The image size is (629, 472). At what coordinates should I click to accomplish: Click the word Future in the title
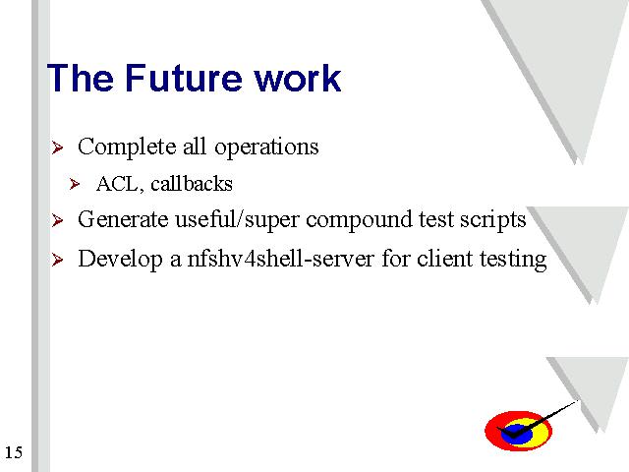click(184, 78)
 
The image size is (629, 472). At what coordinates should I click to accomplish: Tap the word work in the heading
click(298, 78)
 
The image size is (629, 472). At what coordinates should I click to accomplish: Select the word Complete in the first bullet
click(127, 147)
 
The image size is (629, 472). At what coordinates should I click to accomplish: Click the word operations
click(266, 147)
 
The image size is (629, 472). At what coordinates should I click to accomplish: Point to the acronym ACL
click(119, 185)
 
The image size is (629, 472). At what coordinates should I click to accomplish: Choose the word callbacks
click(192, 184)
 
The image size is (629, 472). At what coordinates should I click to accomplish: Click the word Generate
click(123, 219)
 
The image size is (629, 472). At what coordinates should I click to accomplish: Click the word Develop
click(120, 260)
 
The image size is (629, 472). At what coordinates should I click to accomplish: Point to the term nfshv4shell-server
click(280, 259)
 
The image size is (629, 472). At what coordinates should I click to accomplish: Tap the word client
click(445, 259)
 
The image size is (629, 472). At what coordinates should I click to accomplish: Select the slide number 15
click(14, 452)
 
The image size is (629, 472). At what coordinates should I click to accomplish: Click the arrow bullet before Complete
click(57, 147)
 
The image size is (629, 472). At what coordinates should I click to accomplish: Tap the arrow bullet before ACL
click(75, 184)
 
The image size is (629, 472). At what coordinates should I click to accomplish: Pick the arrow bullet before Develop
click(57, 260)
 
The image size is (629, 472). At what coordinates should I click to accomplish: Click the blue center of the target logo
click(516, 434)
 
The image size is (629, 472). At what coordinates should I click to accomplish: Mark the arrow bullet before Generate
click(57, 220)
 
